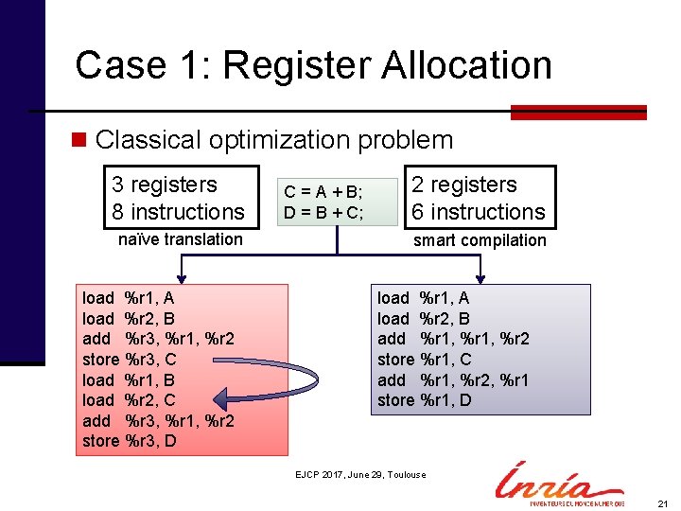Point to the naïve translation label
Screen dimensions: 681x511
[x=180, y=239]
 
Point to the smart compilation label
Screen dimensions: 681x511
[x=480, y=240]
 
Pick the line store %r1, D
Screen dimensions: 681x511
[x=425, y=400]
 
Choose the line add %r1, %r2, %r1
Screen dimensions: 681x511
[x=453, y=379]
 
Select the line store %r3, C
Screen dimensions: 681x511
[x=130, y=360]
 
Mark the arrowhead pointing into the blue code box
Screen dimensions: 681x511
[x=480, y=276]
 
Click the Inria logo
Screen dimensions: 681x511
[x=558, y=483]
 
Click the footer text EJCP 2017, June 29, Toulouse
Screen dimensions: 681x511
[x=360, y=475]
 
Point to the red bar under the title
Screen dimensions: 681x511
[x=578, y=113]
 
